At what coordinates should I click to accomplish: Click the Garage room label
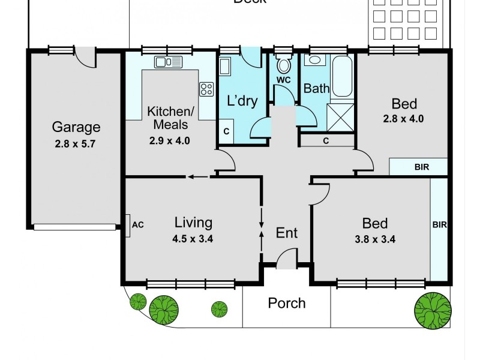76,127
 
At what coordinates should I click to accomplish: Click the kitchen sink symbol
168,61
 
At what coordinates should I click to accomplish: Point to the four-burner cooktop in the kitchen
206,89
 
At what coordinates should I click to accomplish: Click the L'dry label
242,101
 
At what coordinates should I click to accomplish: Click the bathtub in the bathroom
343,77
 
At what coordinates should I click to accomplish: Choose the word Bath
316,89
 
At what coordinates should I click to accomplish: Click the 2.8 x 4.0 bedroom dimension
403,118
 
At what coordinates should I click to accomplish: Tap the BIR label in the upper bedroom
421,167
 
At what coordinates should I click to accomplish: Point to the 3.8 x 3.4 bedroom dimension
375,238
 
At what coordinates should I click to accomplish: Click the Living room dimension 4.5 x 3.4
193,238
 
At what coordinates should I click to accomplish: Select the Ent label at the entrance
286,232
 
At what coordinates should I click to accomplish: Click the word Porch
286,303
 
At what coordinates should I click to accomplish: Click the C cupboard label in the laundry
226,131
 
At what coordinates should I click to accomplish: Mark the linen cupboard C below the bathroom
325,140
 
